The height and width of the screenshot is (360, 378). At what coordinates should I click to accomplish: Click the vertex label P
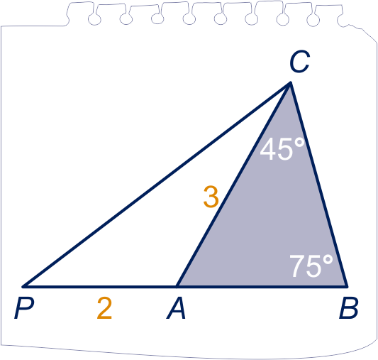[24, 309]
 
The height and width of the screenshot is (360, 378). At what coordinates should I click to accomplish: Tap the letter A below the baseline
[176, 309]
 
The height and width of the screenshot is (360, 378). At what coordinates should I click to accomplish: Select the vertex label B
[348, 309]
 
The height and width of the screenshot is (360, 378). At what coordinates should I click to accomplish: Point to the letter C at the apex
[300, 62]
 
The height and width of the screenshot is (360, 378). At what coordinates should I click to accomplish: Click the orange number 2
[104, 308]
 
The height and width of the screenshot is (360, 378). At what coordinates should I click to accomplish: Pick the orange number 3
[211, 197]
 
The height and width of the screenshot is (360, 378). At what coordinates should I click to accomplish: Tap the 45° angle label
[282, 148]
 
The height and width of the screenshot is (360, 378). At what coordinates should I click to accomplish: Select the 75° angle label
[311, 266]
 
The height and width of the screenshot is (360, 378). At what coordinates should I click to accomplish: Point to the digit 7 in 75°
[297, 266]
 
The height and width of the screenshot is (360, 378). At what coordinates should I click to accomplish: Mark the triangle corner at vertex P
[23, 287]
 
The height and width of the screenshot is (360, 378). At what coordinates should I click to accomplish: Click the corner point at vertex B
[347, 287]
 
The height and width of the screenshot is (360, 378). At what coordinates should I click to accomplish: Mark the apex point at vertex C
[291, 83]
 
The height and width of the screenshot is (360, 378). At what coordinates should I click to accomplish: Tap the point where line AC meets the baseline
[177, 287]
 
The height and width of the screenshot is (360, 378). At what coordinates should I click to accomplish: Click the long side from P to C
[157, 185]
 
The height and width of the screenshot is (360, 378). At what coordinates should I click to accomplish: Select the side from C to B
[319, 185]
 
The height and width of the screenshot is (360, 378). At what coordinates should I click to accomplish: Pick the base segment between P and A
[100, 287]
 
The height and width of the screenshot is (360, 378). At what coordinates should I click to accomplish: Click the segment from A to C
[234, 185]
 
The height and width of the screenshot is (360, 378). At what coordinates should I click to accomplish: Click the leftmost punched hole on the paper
[94, 19]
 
